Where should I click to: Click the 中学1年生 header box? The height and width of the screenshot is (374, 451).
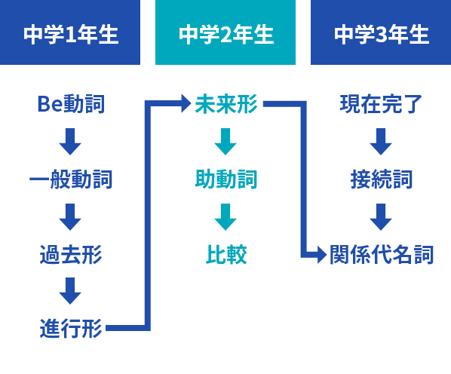(x=70, y=32)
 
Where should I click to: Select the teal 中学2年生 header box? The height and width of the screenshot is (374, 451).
(x=226, y=32)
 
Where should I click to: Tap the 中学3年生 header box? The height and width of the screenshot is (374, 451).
(x=381, y=32)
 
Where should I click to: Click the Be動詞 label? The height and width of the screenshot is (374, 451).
(x=71, y=104)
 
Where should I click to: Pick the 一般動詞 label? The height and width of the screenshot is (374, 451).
(x=71, y=179)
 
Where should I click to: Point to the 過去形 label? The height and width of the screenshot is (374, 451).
(x=71, y=254)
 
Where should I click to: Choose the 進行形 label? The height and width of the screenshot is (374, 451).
(x=71, y=328)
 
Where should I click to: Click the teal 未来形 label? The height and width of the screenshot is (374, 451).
(x=226, y=104)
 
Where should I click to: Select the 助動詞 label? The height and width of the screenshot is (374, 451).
(x=226, y=179)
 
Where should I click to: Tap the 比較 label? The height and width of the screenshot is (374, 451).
(x=226, y=254)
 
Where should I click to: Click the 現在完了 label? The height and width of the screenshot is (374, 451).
(x=381, y=104)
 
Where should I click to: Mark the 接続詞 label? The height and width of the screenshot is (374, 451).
(x=382, y=179)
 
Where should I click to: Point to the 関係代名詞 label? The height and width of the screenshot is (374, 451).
(x=382, y=254)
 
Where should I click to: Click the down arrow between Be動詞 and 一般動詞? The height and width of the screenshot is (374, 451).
(x=70, y=142)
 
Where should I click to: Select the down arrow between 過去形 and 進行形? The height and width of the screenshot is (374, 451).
(x=70, y=291)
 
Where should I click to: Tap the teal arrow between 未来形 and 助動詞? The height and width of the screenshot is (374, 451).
(x=226, y=142)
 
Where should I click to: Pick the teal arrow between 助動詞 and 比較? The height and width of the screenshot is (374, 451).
(x=226, y=217)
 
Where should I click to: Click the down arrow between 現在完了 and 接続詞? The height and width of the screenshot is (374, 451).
(x=381, y=142)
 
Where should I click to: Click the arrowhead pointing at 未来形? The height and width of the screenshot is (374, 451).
(x=186, y=103)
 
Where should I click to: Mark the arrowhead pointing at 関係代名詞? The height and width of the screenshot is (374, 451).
(x=322, y=255)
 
